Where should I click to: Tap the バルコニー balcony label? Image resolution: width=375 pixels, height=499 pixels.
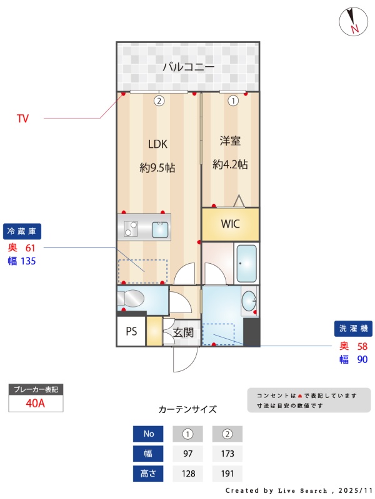[189, 67]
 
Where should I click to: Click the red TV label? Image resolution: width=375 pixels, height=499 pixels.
[22, 119]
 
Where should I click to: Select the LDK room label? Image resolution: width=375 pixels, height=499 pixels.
[157, 144]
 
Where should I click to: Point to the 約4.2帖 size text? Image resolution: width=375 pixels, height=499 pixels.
[230, 165]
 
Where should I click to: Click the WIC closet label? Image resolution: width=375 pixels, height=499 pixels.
[230, 224]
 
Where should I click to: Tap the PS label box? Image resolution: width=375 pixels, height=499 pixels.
[131, 331]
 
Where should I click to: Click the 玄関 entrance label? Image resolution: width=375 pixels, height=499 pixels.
[183, 332]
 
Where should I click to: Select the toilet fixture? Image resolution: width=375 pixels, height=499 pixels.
[131, 299]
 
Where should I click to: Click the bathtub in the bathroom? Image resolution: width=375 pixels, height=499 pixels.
[246, 263]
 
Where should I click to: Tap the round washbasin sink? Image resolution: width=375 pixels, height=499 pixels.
[249, 301]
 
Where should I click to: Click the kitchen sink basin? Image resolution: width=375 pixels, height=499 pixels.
[160, 230]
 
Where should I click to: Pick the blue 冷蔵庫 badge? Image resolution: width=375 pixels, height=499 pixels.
[22, 231]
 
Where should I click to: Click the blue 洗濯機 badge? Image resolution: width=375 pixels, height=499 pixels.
[353, 329]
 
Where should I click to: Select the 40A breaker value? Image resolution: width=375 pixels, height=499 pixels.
[36, 403]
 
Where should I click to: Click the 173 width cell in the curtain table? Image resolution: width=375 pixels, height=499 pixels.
[227, 453]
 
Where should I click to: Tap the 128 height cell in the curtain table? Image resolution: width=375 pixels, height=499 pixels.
[188, 473]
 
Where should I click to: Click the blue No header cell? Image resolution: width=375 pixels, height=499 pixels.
[148, 434]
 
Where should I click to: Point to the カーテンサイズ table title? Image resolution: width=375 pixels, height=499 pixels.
[187, 409]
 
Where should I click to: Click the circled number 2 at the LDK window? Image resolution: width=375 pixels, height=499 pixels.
[159, 101]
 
